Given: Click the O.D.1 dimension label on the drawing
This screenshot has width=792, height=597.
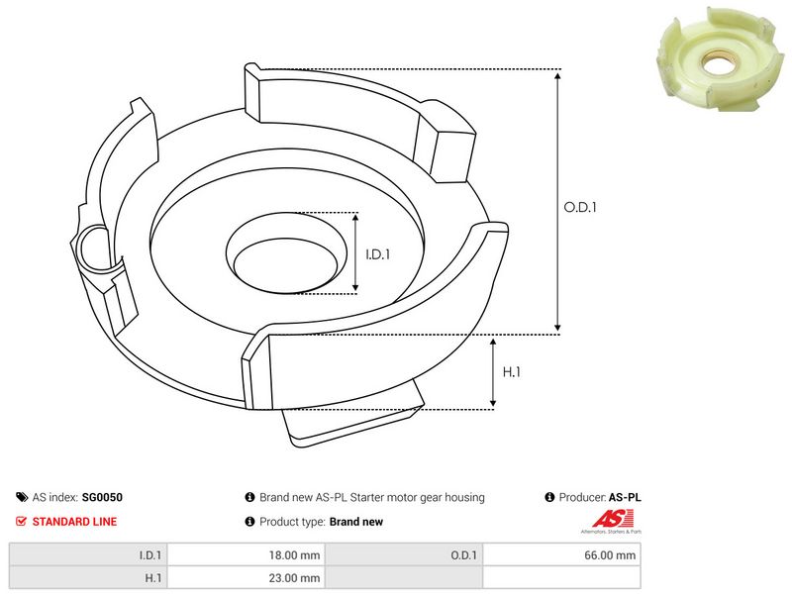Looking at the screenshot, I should (580, 208).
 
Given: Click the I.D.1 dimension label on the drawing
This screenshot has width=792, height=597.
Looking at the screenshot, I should (378, 254).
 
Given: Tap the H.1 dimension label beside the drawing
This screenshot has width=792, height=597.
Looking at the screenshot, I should (512, 372).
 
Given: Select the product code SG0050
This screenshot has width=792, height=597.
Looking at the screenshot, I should (103, 498).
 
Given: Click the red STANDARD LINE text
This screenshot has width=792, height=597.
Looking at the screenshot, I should (74, 522).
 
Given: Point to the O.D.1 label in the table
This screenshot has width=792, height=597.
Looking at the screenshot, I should (464, 555).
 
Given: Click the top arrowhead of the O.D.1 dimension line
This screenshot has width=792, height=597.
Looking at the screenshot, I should (558, 75).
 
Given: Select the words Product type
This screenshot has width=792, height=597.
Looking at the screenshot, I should (292, 522).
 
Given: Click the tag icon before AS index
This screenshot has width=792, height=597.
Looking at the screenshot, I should (22, 498).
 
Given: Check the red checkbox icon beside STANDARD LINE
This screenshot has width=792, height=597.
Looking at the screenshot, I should (22, 522).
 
